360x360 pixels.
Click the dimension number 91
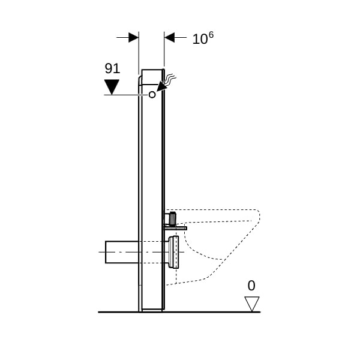[112, 68]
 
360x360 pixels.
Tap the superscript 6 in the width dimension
[211, 35]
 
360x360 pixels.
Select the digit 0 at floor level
[251, 286]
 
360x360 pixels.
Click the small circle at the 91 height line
[152, 95]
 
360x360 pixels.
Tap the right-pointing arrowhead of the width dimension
[133, 37]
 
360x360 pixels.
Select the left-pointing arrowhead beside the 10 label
[169, 37]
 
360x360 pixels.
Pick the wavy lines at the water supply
[170, 78]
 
